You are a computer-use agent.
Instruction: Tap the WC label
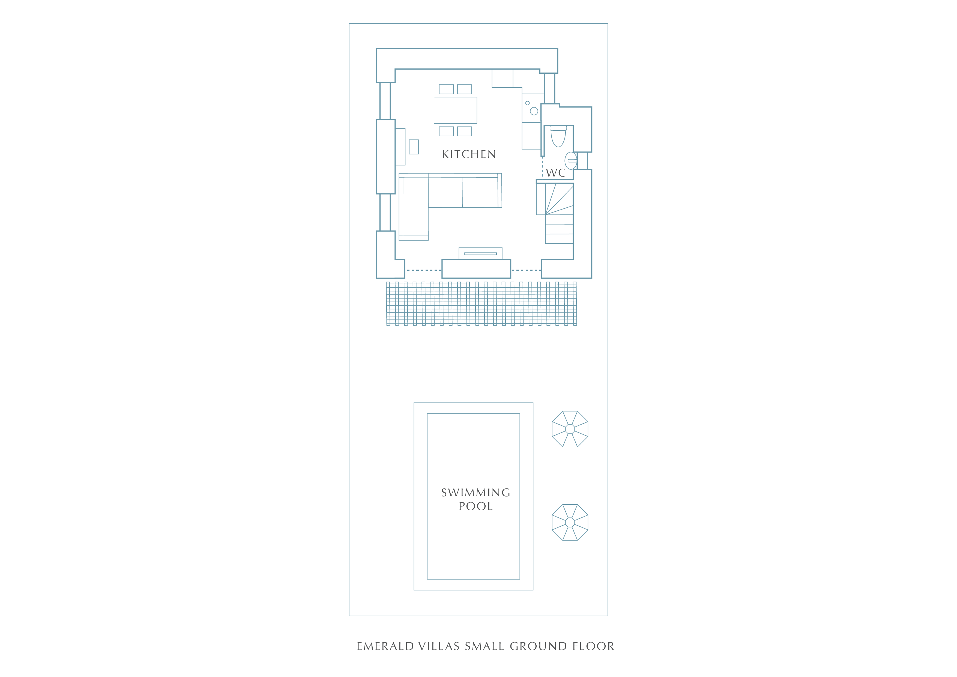click(556, 173)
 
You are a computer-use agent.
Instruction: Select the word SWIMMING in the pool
click(475, 493)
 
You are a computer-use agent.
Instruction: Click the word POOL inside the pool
click(475, 506)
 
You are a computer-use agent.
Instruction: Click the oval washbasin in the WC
click(571, 160)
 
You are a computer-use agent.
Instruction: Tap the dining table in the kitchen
click(455, 110)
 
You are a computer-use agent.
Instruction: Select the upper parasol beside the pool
click(570, 429)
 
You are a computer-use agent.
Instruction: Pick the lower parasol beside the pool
click(570, 522)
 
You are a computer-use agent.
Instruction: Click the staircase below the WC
click(555, 213)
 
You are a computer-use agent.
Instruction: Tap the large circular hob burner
click(534, 111)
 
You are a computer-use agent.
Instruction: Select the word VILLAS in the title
click(439, 646)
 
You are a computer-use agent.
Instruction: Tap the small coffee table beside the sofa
click(414, 147)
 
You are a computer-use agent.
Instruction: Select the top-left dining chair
click(446, 89)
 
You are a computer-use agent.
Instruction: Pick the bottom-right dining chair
click(464, 131)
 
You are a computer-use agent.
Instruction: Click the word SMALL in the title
click(484, 646)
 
